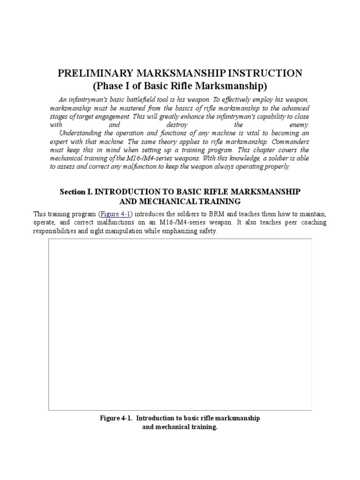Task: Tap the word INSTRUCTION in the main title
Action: click(x=265, y=74)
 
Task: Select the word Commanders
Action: click(x=286, y=142)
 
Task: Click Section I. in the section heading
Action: click(x=77, y=192)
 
